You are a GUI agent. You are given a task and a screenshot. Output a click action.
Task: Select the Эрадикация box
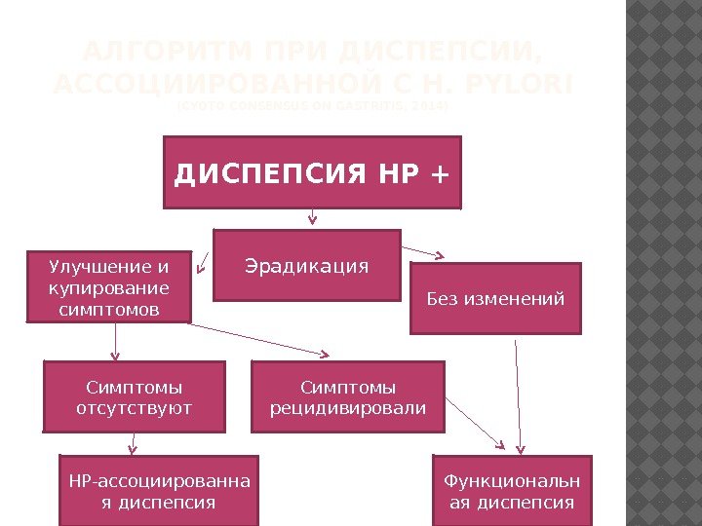pos(307,265)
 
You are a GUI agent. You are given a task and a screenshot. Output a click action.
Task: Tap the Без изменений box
pos(495,298)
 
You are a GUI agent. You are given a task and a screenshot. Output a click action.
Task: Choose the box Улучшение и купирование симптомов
pos(108,287)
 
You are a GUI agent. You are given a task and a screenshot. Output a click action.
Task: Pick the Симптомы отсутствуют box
pos(135,395)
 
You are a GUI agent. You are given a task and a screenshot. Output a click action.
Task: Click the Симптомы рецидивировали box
pos(348,395)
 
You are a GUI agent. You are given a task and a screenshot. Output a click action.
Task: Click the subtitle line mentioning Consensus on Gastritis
pos(312,107)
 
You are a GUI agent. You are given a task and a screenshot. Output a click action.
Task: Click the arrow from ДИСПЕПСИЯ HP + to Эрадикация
pos(312,218)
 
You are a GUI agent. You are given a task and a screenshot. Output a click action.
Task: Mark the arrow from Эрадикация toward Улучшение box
pos(204,260)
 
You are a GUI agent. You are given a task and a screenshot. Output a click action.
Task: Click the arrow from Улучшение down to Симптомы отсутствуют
pos(117,341)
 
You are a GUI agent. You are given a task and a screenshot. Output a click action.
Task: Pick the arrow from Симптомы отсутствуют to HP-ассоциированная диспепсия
pos(133,443)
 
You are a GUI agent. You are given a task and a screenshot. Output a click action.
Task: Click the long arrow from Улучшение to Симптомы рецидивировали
pos(258,339)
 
